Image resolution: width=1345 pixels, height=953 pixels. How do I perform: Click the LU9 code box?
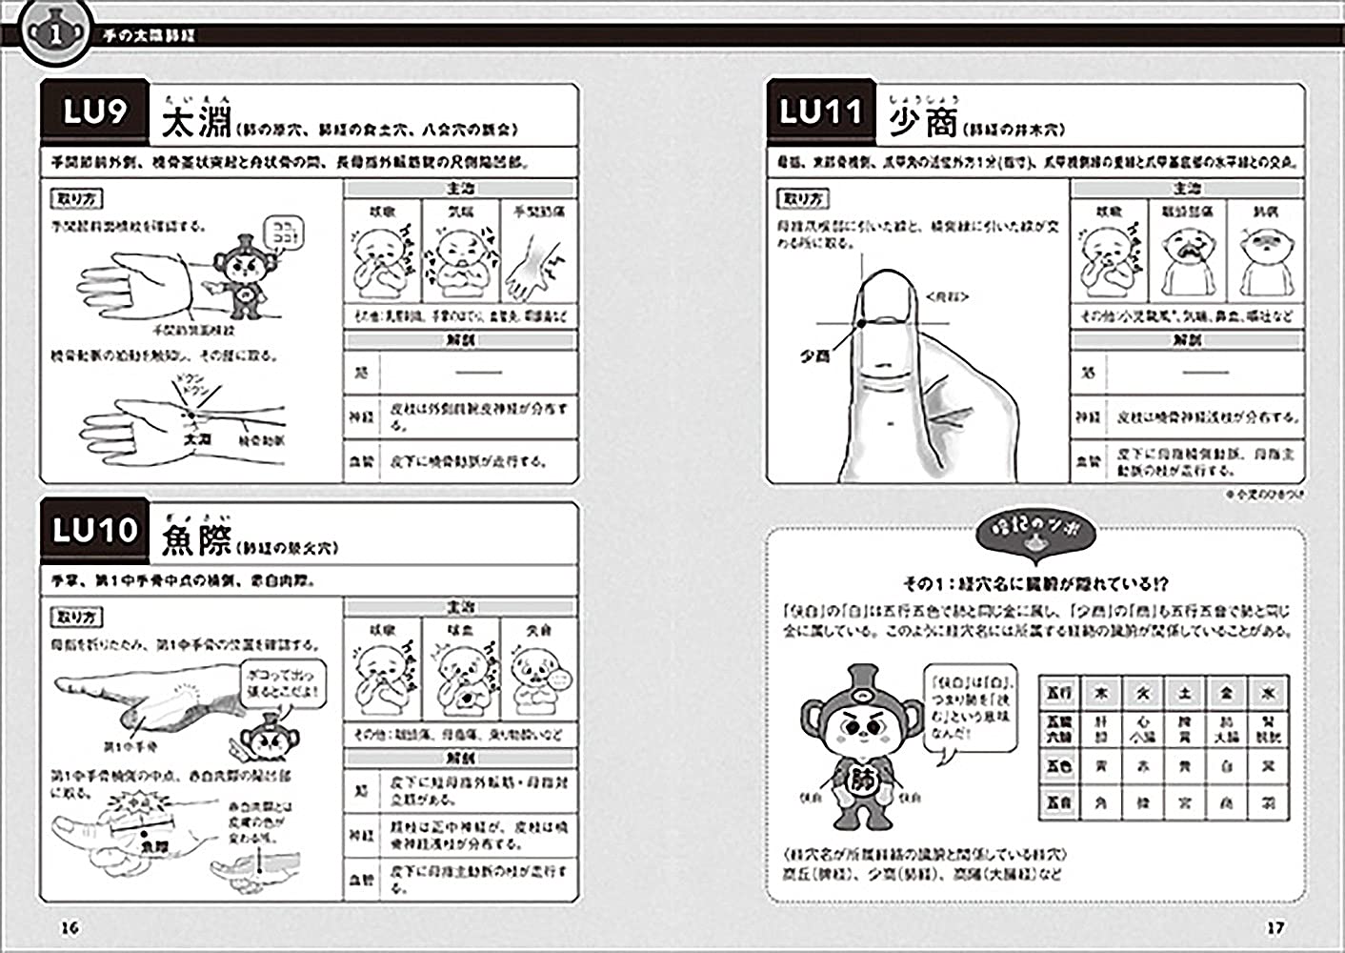[94, 113]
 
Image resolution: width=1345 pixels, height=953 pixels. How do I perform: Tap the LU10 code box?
[94, 530]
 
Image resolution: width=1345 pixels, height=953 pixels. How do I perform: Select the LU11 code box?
[821, 113]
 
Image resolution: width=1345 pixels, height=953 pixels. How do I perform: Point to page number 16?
[70, 927]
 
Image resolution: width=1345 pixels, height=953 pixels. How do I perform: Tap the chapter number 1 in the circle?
[55, 34]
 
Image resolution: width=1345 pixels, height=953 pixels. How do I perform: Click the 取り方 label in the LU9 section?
[75, 199]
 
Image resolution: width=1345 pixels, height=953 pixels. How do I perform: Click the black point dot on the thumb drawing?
[859, 324]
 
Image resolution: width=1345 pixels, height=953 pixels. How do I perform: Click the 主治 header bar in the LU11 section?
[1187, 189]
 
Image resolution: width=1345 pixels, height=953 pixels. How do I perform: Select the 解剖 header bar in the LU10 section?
[461, 759]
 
